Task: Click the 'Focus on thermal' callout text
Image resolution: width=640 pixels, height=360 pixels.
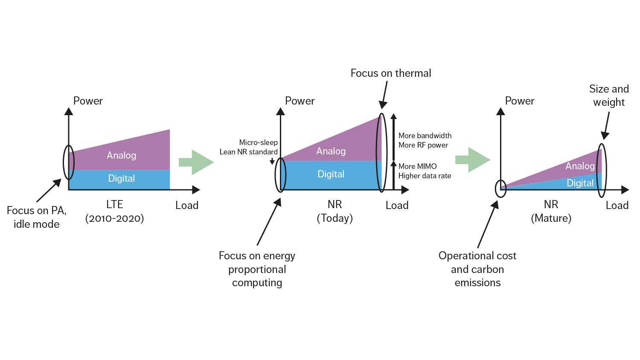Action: click(x=390, y=73)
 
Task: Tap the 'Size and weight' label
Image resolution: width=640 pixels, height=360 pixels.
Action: click(x=608, y=96)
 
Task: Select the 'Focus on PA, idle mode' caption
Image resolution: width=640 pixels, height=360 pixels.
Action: click(x=36, y=217)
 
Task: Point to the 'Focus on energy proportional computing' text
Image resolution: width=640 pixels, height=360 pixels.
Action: click(x=257, y=269)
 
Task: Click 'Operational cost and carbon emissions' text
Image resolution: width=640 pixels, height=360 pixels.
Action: click(x=477, y=269)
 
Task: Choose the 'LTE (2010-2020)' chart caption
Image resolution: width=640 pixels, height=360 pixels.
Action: click(x=114, y=212)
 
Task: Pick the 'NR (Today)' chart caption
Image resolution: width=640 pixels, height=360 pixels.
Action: click(x=335, y=212)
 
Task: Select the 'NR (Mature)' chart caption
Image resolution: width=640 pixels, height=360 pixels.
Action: click(x=551, y=212)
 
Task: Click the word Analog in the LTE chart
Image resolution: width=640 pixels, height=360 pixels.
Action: click(x=122, y=155)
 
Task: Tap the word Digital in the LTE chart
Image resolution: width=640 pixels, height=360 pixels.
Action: click(x=122, y=178)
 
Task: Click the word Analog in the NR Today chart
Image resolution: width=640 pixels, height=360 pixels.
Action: click(x=331, y=151)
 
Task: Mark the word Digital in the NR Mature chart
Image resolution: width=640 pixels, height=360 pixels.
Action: click(x=580, y=183)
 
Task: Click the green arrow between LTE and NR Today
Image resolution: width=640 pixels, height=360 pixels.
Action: click(x=196, y=162)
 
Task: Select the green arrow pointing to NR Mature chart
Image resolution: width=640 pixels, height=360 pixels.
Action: click(x=472, y=160)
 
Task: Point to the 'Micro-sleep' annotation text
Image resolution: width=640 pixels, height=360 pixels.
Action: click(x=258, y=142)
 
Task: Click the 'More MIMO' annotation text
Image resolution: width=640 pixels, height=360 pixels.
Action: click(x=417, y=166)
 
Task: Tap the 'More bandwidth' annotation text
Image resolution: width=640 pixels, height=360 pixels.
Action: click(x=425, y=136)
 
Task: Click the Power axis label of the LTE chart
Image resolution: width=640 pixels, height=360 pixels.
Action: click(x=88, y=101)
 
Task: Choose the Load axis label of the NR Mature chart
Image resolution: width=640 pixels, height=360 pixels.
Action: click(x=617, y=206)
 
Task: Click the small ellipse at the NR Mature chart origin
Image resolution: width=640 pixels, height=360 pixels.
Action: click(x=500, y=189)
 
